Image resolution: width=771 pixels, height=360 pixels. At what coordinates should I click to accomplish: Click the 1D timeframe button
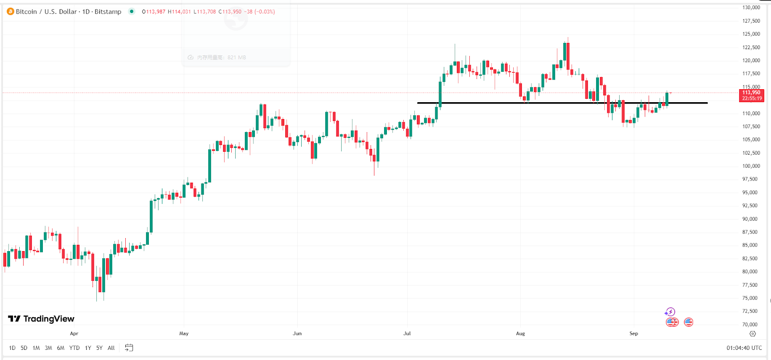[x=12, y=348]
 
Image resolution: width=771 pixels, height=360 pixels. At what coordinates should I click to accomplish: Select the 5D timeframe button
[x=24, y=348]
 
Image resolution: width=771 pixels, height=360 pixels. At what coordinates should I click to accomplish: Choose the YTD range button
[x=74, y=348]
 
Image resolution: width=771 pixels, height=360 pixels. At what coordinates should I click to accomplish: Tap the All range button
[x=111, y=348]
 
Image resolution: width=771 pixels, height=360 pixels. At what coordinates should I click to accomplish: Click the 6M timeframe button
[x=61, y=348]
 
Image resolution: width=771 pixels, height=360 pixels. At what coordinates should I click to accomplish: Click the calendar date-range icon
[x=129, y=348]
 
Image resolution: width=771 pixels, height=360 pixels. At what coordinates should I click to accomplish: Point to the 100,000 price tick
[x=751, y=166]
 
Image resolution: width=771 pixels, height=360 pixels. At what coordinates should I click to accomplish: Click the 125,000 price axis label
[x=751, y=34]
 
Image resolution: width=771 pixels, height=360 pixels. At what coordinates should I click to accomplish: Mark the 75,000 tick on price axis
[x=751, y=298]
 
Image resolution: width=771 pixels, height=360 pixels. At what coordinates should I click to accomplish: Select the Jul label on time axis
[x=407, y=333]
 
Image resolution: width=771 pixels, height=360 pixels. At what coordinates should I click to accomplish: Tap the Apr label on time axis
[x=74, y=333]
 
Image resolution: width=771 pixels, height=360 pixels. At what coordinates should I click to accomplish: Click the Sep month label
[x=634, y=333]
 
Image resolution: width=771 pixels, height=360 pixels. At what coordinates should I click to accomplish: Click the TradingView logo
[x=41, y=319]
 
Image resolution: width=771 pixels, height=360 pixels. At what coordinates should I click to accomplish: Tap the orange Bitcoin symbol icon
[x=10, y=12]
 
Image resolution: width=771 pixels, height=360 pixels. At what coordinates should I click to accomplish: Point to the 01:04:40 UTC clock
[x=744, y=348]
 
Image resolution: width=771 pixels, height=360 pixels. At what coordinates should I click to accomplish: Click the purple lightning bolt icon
[x=670, y=312]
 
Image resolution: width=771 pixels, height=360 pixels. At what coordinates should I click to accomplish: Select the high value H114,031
[x=179, y=12]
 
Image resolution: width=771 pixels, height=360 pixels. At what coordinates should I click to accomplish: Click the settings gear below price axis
[x=753, y=333]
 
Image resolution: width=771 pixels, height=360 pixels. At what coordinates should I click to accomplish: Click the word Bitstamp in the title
[x=108, y=12]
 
